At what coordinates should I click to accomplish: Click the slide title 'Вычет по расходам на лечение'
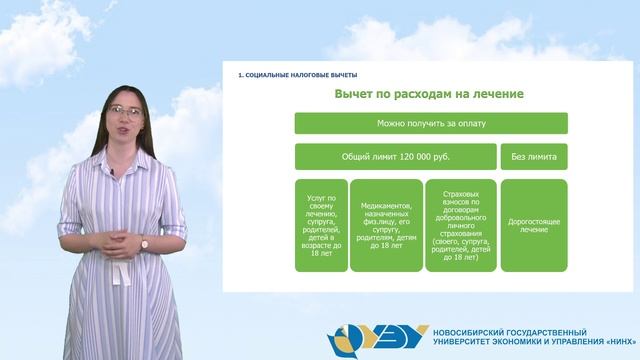pyautogui.click(x=430, y=94)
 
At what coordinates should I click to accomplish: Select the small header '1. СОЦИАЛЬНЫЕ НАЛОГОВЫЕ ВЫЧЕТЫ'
pyautogui.click(x=297, y=75)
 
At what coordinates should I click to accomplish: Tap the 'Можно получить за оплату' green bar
pyautogui.click(x=430, y=123)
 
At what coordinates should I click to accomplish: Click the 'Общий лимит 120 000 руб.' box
pyautogui.click(x=395, y=156)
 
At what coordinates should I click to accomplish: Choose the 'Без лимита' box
pyautogui.click(x=534, y=156)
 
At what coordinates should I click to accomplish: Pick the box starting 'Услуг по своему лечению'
pyautogui.click(x=321, y=225)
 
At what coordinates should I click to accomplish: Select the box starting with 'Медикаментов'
pyautogui.click(x=386, y=225)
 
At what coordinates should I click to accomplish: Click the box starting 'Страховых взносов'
pyautogui.click(x=460, y=225)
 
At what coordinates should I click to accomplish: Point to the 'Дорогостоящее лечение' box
pyautogui.click(x=534, y=225)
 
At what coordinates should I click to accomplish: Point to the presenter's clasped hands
pyautogui.click(x=120, y=239)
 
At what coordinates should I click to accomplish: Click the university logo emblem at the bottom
pyautogui.click(x=371, y=338)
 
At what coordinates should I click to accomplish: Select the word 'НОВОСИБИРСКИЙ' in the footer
pyautogui.click(x=470, y=332)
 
